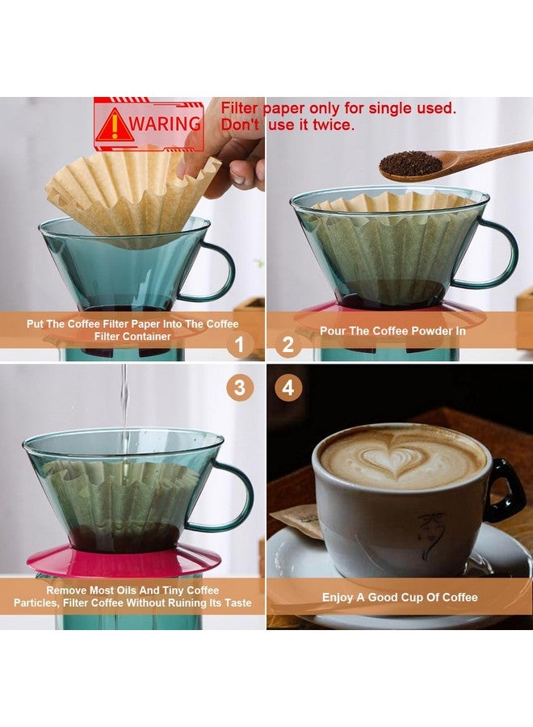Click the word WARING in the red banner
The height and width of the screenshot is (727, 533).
(x=165, y=124)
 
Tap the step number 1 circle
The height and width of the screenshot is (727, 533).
(x=239, y=346)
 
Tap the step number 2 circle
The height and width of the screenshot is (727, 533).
(x=288, y=346)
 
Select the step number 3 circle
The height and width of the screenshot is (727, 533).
(x=239, y=388)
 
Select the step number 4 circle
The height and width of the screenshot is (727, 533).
(x=288, y=388)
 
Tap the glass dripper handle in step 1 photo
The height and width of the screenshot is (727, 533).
(x=216, y=271)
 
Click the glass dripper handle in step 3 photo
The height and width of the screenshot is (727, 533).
(x=234, y=497)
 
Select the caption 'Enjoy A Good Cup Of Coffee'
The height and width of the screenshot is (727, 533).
(x=400, y=598)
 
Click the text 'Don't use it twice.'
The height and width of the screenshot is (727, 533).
(x=287, y=125)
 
